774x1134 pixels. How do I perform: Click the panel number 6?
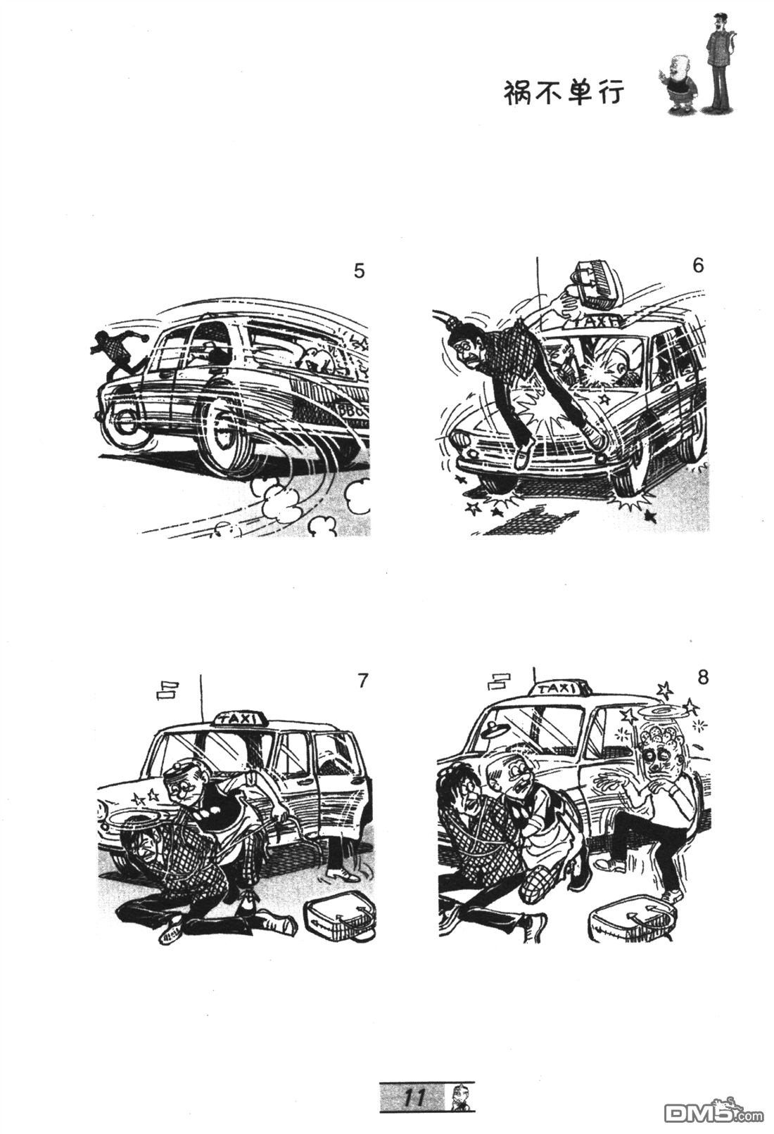pyautogui.click(x=698, y=265)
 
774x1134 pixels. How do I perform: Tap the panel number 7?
pyautogui.click(x=362, y=681)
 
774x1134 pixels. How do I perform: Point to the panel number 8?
pyautogui.click(x=702, y=677)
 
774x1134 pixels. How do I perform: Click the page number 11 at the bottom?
pyautogui.click(x=414, y=1095)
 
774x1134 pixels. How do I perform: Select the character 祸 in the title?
pyautogui.click(x=518, y=93)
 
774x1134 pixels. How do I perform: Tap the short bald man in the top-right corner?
pyautogui.click(x=680, y=86)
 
